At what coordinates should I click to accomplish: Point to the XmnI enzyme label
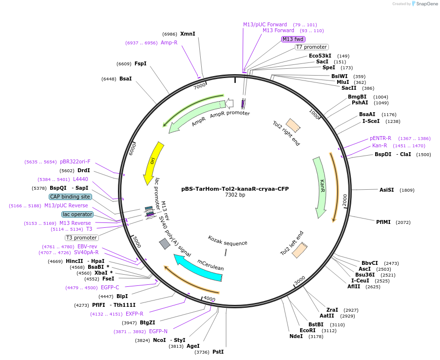tap(188, 34)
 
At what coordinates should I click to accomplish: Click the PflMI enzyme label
tap(383, 222)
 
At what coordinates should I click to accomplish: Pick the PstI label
tap(218, 352)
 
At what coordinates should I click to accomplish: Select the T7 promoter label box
tap(311, 47)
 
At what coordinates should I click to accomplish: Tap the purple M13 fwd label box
tap(293, 39)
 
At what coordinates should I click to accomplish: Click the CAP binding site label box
tap(70, 197)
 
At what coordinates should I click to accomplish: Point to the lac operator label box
tap(77, 214)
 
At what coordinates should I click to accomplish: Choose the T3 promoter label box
tap(81, 238)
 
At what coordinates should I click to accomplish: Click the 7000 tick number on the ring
tap(200, 86)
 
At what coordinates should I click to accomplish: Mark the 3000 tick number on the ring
tap(300, 280)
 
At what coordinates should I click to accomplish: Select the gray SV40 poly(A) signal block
tap(165, 243)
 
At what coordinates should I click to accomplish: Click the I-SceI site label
tap(371, 121)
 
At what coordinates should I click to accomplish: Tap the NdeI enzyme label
tap(296, 336)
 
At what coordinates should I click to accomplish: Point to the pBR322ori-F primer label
tap(75, 161)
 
